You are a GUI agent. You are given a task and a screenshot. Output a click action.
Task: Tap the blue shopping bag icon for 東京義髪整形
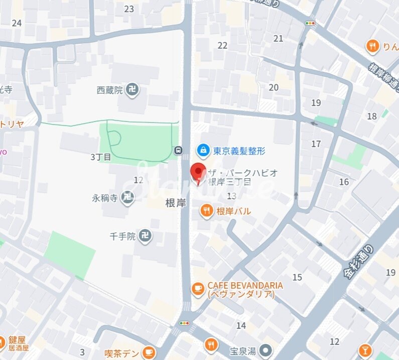tap(203, 150)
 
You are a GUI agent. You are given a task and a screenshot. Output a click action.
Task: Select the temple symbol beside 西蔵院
tap(132, 90)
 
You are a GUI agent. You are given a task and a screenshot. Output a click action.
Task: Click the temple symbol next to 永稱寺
tap(128, 198)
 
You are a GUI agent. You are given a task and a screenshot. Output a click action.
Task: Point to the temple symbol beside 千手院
tap(146, 235)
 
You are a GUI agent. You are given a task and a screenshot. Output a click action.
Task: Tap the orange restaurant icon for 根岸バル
tap(206, 211)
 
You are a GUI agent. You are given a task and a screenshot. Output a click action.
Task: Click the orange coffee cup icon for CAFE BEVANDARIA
tap(198, 289)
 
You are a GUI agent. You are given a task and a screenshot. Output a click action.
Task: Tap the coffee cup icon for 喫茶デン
tap(149, 353)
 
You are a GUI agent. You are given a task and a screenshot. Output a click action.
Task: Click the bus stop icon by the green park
tap(178, 150)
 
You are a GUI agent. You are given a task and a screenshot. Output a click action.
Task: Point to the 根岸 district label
tap(176, 203)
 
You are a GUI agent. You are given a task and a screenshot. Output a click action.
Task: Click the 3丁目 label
tap(100, 157)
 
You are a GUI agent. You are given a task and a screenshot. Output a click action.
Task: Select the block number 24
tap(17, 23)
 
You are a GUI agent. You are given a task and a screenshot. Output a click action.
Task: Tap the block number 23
tap(129, 9)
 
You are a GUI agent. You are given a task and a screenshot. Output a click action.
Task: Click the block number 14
tap(241, 325)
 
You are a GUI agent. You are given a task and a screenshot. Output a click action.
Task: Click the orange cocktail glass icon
tap(365, 350)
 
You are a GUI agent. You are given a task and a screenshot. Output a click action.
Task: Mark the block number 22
tap(222, 45)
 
